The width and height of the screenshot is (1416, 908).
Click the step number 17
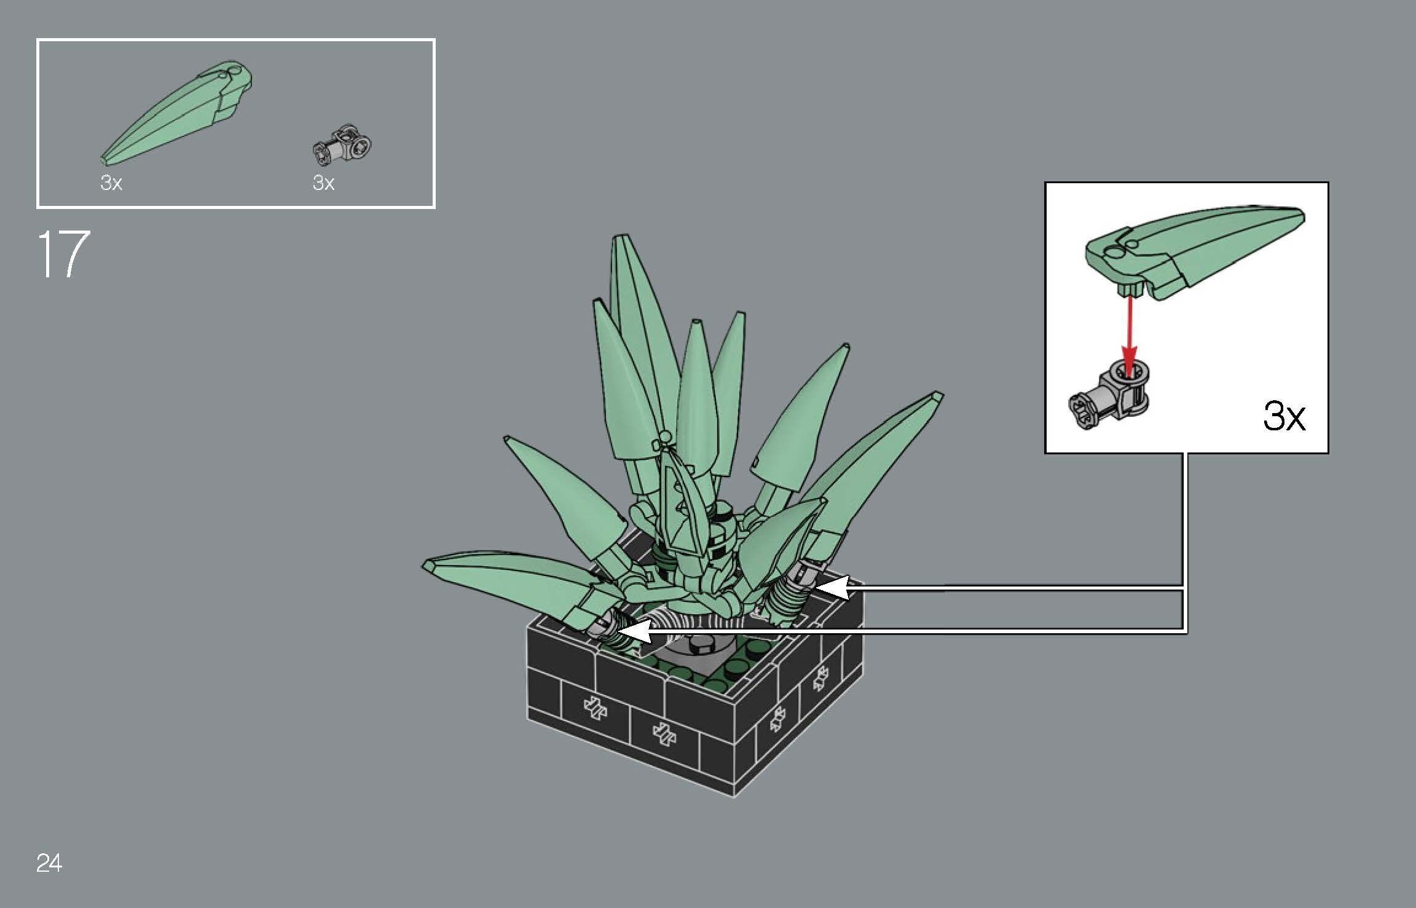coord(63,255)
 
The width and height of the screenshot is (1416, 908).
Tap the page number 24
coord(49,863)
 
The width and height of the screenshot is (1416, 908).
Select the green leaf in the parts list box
coord(178,113)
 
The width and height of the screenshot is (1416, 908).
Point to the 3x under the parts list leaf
coord(111,183)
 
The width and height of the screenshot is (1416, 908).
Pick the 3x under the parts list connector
coord(323,183)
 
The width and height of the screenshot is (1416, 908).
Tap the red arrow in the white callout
coord(1128,332)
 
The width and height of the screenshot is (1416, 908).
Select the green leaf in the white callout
coord(1192,252)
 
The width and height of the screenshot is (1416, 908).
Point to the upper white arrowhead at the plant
coord(831,587)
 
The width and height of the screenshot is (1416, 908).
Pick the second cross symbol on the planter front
coord(663,733)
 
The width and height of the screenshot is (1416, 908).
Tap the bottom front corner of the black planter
coord(735,795)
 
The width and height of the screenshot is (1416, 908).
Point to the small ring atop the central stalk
coord(664,438)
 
